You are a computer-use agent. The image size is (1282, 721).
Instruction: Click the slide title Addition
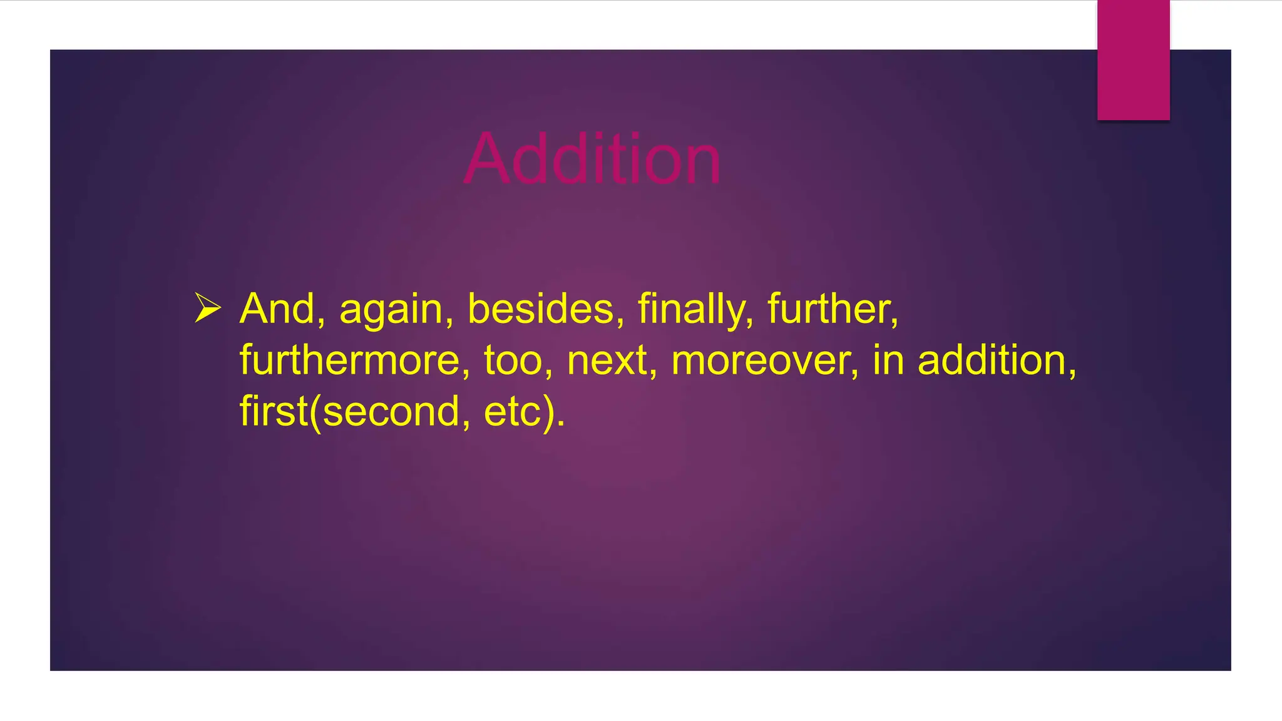pos(592,159)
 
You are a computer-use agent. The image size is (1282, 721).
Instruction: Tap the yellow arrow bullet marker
pos(207,308)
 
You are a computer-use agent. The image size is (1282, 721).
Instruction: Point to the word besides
pos(545,309)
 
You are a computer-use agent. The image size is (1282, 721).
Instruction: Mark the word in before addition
pos(888,360)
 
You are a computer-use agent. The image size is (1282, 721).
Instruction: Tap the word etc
pos(512,412)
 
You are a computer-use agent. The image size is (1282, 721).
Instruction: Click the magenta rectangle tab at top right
pos(1133,59)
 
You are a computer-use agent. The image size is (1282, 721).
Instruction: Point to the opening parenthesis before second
pos(315,413)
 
